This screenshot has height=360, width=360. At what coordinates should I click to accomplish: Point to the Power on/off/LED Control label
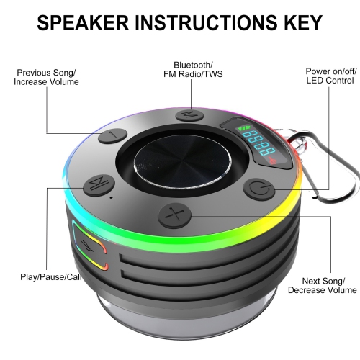(328, 77)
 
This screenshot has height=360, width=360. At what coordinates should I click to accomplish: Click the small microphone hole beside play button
(109, 195)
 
